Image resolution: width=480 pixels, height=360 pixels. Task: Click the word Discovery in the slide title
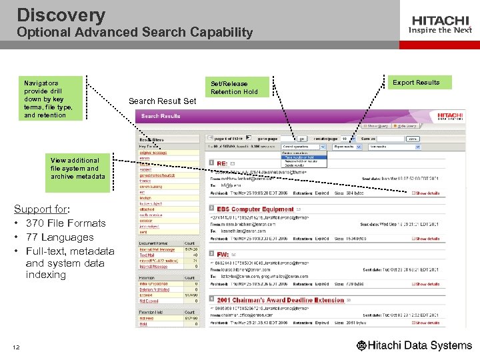61,15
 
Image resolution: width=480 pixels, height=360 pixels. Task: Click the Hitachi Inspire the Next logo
441,25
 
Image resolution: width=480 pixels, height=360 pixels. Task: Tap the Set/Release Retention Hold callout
234,88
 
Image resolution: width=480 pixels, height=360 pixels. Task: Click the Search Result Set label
162,101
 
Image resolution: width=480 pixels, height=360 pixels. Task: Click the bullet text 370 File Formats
65,223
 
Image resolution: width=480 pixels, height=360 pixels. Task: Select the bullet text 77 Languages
59,237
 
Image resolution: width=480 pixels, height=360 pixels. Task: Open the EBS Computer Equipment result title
255,209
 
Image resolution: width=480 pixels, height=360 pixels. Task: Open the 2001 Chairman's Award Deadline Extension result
280,300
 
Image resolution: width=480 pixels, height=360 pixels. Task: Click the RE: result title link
222,163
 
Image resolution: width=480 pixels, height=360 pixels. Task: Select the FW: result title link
223,255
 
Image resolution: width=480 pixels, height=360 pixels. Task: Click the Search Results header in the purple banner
161,116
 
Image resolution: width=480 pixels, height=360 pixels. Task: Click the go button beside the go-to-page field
413,139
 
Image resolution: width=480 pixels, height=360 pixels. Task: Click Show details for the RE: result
426,193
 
